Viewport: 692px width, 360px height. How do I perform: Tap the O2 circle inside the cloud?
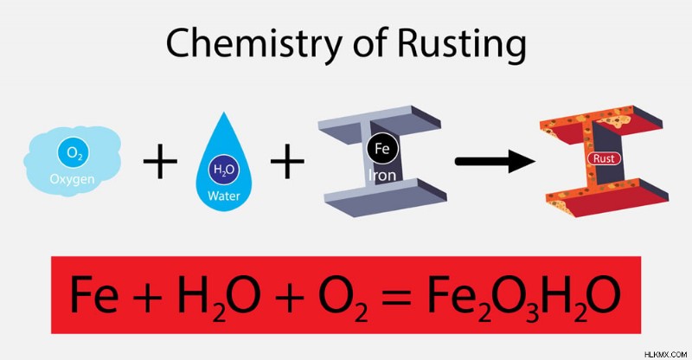tap(73, 153)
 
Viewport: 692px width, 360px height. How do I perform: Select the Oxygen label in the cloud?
tap(72, 179)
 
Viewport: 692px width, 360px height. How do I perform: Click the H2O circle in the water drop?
tap(224, 170)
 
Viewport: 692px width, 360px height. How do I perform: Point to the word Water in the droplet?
tap(224, 196)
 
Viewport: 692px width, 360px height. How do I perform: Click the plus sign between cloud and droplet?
tap(160, 162)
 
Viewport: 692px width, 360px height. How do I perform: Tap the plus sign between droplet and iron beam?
tap(287, 162)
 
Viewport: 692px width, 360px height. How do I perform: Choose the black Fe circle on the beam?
tap(382, 149)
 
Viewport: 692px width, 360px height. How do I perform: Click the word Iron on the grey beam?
tap(382, 176)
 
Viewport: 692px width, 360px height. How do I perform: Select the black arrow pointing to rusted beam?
tap(495, 161)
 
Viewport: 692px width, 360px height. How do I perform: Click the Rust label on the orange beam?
tap(604, 158)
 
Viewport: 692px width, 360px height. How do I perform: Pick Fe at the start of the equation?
tap(94, 293)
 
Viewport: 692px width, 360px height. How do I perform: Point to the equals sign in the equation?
tap(396, 295)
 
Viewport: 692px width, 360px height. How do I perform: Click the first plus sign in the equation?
tap(147, 295)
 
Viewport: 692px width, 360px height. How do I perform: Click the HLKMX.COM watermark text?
tap(665, 354)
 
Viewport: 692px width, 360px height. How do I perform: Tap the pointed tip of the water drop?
tap(224, 112)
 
